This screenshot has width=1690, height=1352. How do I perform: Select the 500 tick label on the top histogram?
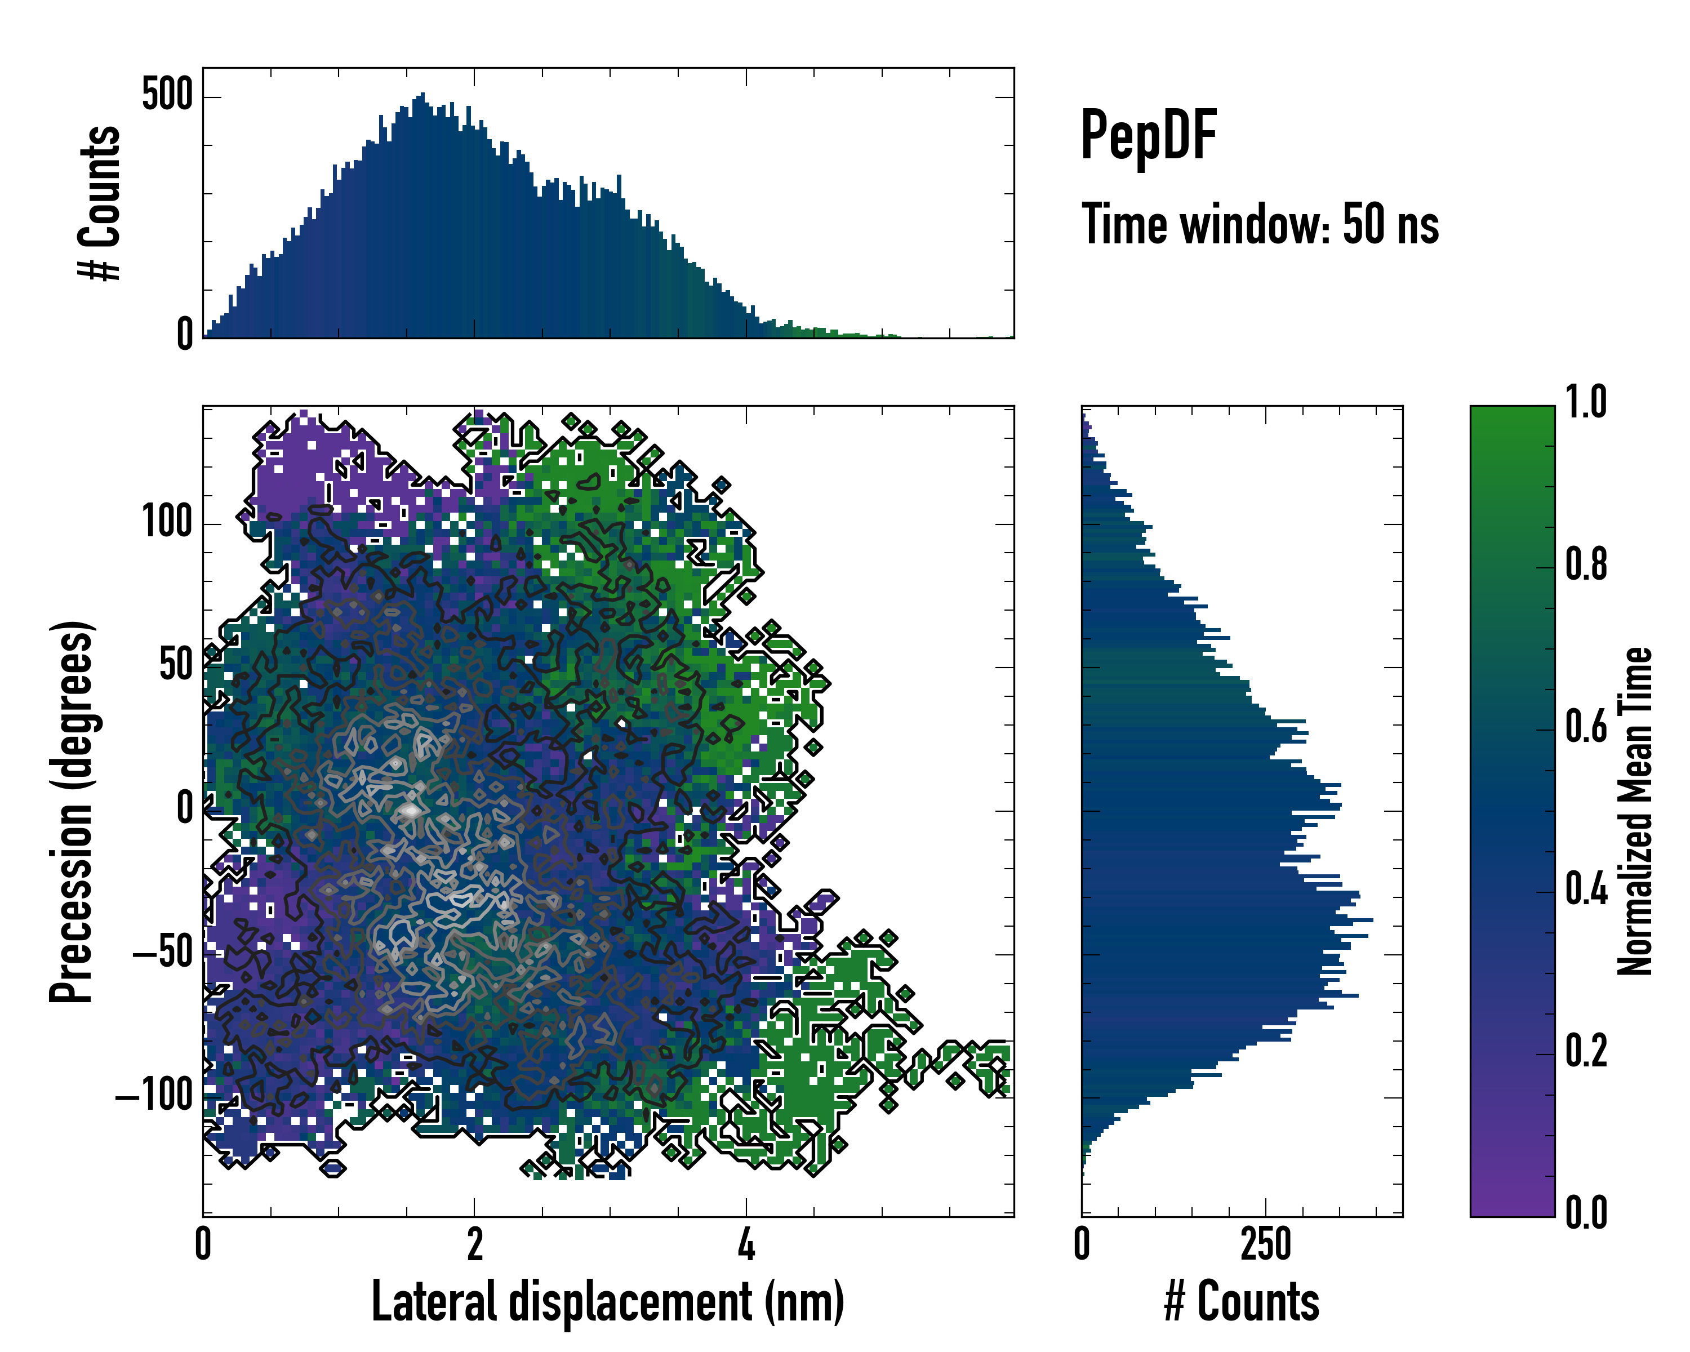click(167, 96)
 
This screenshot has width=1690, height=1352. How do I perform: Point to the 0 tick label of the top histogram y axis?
click(185, 335)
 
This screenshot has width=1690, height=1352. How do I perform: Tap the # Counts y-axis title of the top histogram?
click(100, 203)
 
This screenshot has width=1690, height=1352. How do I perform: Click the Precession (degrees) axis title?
click(72, 811)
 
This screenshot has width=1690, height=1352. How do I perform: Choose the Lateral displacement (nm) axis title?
click(607, 1302)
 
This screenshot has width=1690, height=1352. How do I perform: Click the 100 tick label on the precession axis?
click(167, 522)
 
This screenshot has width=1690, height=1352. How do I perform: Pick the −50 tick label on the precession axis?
click(162, 953)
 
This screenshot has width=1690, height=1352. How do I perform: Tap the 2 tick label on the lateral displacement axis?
click(474, 1244)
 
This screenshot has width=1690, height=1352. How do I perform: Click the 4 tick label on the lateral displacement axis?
click(746, 1244)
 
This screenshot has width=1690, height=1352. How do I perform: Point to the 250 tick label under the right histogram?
click(1265, 1244)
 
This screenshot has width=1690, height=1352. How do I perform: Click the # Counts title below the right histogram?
click(1242, 1302)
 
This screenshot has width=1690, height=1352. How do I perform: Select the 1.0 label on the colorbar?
click(1586, 403)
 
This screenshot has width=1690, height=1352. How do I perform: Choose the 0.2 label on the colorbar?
click(1586, 1052)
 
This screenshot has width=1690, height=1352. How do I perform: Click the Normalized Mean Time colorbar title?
click(1635, 811)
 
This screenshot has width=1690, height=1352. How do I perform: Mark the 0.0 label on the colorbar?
click(1586, 1213)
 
